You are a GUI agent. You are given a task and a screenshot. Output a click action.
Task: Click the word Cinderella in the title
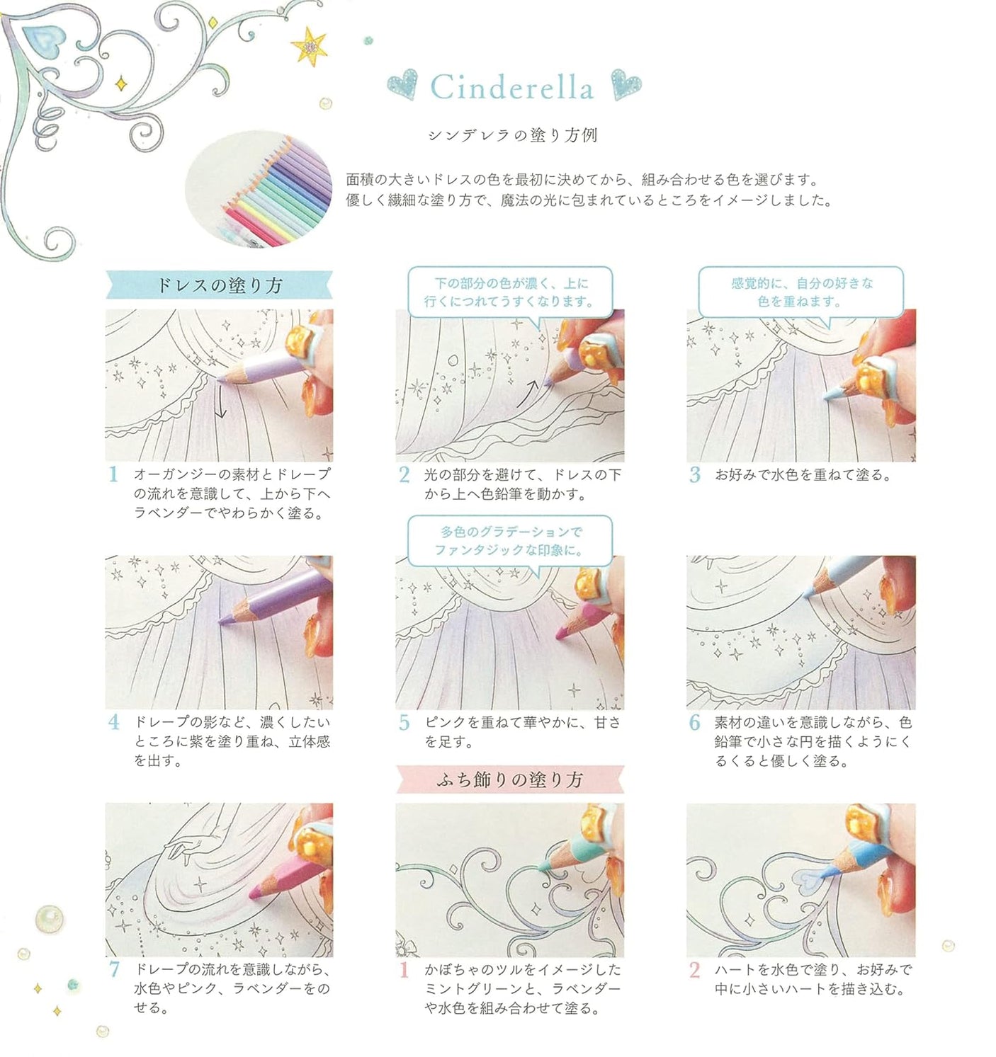pos(511,88)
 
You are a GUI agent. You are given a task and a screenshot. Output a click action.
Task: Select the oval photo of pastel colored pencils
pos(259,188)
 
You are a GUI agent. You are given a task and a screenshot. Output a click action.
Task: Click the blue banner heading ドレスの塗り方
pos(219,285)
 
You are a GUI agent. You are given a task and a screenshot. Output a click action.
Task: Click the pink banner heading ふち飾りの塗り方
pos(509,779)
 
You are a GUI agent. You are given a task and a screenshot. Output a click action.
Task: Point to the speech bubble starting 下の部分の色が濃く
pos(509,292)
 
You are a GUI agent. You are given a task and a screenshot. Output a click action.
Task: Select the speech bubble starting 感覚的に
pos(801,292)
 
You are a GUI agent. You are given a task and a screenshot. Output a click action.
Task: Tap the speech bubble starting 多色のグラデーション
pos(509,541)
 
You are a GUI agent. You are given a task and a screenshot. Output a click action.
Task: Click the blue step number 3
pos(694,474)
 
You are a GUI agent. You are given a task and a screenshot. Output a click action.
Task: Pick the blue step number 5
pos(404,723)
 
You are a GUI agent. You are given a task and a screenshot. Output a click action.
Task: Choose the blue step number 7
pos(113,969)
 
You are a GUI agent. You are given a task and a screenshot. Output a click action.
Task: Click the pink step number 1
pos(404,969)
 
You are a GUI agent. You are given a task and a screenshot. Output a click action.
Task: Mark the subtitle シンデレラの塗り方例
pos(512,135)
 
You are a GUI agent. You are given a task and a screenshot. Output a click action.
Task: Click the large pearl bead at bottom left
pos(49,918)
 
